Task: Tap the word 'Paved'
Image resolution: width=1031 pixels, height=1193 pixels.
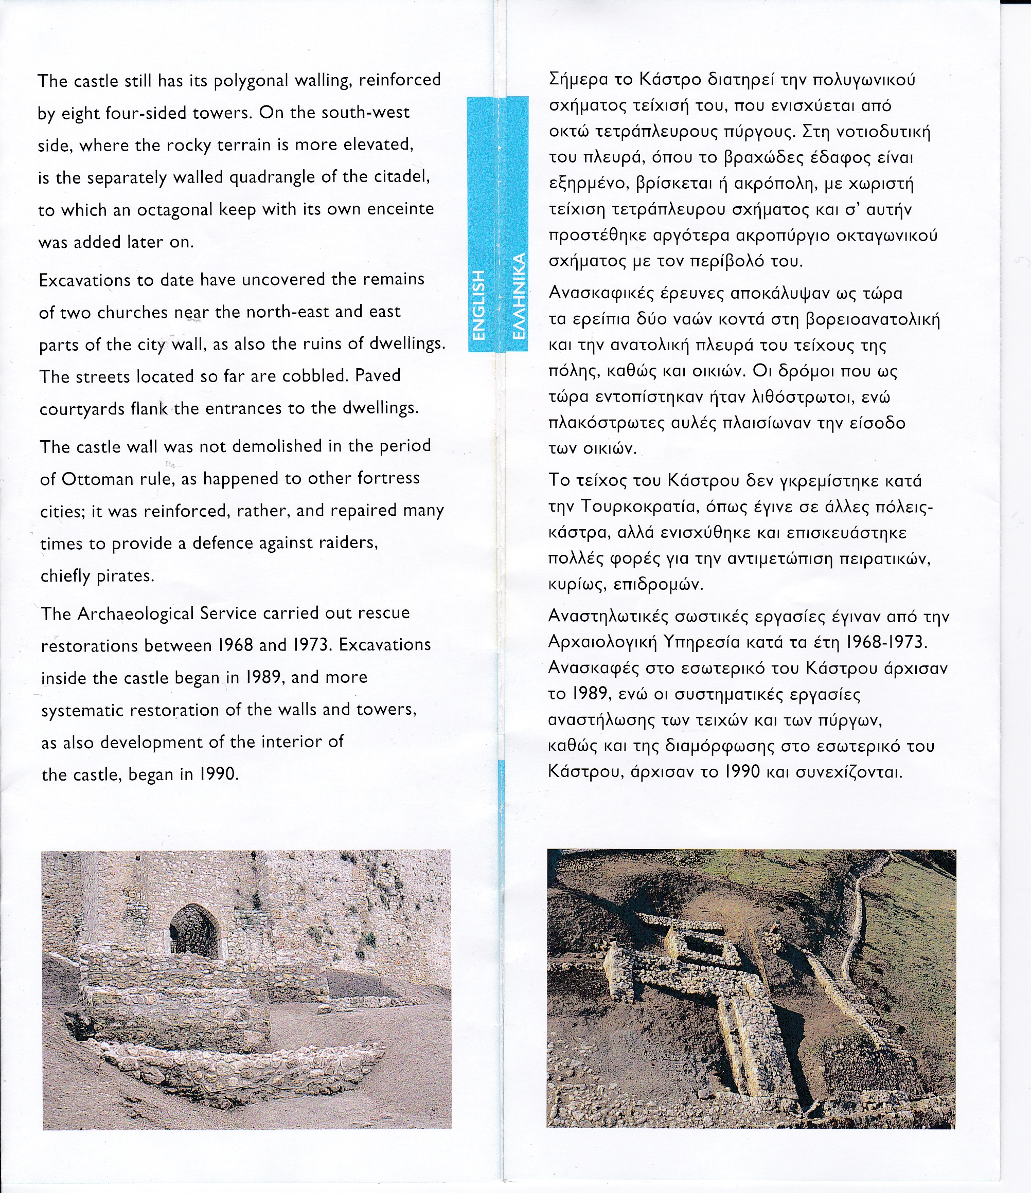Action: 377,375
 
